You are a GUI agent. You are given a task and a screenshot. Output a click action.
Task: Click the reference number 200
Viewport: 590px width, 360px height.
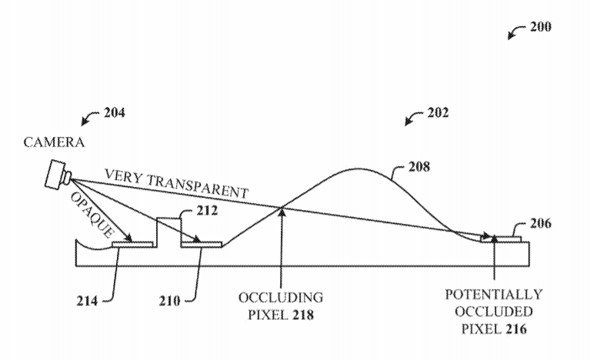pyautogui.click(x=541, y=27)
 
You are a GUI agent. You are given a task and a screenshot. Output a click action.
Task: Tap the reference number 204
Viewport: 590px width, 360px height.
pyautogui.click(x=115, y=112)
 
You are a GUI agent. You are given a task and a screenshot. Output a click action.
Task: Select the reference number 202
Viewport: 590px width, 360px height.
pyautogui.click(x=438, y=112)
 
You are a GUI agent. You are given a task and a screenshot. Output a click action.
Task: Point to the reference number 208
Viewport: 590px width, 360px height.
pyautogui.click(x=419, y=166)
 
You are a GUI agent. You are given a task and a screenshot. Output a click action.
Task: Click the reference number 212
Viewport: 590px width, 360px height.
pyautogui.click(x=207, y=210)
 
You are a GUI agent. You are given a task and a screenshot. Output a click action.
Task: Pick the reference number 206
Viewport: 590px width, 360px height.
pyautogui.click(x=541, y=223)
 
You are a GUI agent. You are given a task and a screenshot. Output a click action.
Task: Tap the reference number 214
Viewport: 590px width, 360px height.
pyautogui.click(x=87, y=301)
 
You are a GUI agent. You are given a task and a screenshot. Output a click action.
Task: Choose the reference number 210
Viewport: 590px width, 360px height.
pyautogui.click(x=169, y=301)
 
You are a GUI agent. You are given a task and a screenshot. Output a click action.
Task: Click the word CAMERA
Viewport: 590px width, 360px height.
pyautogui.click(x=54, y=142)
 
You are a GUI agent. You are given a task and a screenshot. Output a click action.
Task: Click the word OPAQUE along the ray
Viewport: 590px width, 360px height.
pyautogui.click(x=92, y=215)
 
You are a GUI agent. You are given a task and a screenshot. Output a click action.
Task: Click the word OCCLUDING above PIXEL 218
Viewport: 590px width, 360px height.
pyautogui.click(x=281, y=298)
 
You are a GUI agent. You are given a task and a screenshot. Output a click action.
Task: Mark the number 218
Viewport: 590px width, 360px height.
pyautogui.click(x=303, y=315)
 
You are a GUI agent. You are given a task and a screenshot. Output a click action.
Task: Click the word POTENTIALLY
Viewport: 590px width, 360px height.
pyautogui.click(x=494, y=294)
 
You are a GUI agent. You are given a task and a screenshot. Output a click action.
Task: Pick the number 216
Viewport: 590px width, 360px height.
pyautogui.click(x=516, y=329)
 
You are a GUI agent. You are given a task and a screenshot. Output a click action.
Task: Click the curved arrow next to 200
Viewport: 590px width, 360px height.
pyautogui.click(x=515, y=32)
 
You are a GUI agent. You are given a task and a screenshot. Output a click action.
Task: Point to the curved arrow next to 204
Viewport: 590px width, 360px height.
pyautogui.click(x=89, y=118)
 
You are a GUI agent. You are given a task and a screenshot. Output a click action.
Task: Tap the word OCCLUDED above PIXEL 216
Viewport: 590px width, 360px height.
pyautogui.click(x=494, y=312)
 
